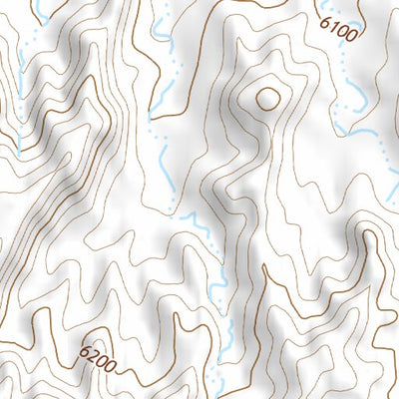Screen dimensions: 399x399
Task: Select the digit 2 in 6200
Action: [91, 353]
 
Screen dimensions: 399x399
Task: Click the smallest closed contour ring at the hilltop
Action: [267, 97]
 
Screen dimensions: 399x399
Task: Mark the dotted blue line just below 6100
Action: [345, 60]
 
